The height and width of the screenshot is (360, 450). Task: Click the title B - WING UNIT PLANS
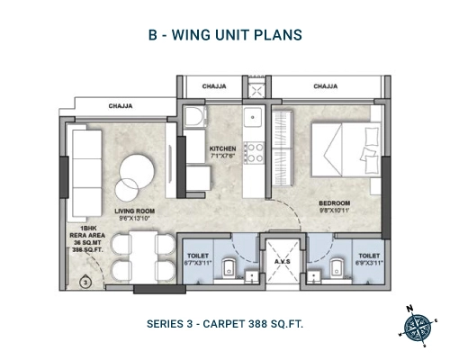point(224,36)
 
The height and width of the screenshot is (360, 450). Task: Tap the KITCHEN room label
point(222,148)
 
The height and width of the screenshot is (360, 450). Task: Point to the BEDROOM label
point(334,203)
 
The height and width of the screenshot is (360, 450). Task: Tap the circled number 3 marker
point(84,282)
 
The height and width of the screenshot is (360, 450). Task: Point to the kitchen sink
point(255,116)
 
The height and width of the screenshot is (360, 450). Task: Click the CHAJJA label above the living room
point(121,105)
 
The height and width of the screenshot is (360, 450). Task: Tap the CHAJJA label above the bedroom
point(325,86)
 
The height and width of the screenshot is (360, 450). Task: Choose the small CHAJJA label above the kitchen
point(214,86)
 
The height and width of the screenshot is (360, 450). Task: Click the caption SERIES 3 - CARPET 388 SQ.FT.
point(224,322)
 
